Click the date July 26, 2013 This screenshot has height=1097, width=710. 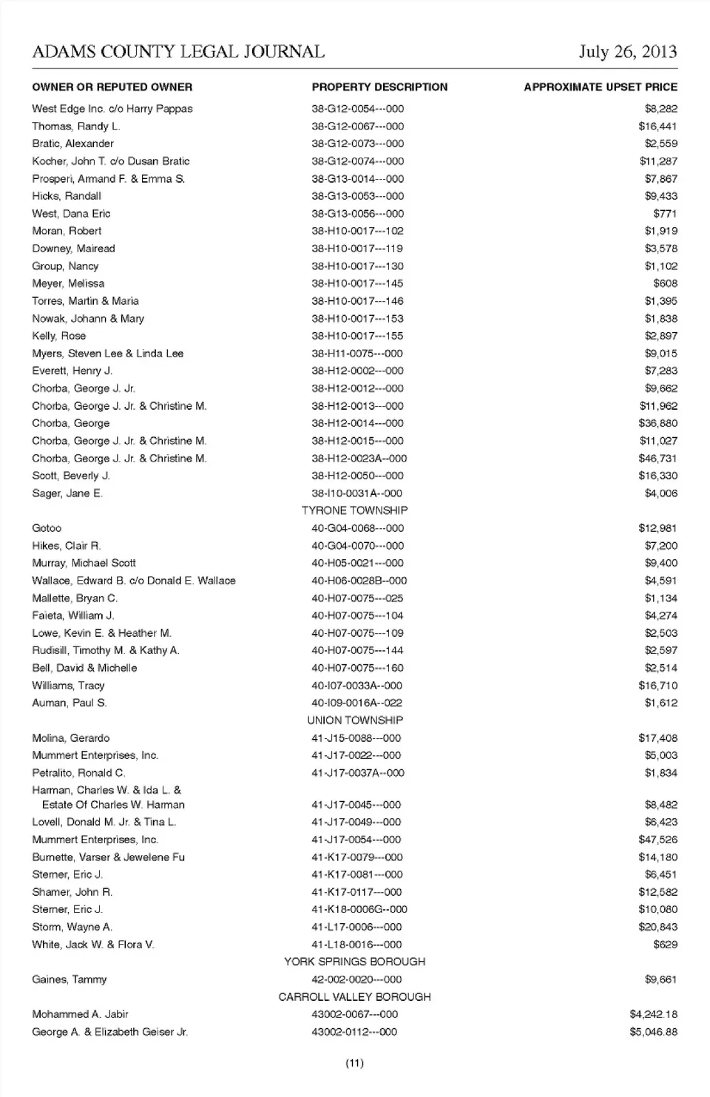[627, 51]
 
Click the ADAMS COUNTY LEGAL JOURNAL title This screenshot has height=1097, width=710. [178, 51]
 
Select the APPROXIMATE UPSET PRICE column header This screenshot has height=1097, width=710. [600, 87]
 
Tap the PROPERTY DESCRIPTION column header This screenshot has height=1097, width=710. [379, 87]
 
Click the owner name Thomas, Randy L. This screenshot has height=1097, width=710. [75, 126]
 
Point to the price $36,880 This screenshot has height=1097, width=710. [657, 423]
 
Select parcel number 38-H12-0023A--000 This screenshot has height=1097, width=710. [359, 459]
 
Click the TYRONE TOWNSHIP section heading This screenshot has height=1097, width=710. [354, 510]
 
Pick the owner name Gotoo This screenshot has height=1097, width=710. [47, 528]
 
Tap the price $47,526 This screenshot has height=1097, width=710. [657, 840]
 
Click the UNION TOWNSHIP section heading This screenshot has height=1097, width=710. [355, 720]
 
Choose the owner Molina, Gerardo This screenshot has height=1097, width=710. [70, 738]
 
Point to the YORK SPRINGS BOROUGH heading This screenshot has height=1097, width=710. [354, 962]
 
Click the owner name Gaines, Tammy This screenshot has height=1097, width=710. [70, 979]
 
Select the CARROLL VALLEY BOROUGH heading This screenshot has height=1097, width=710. [354, 997]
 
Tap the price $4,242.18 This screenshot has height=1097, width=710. [653, 1014]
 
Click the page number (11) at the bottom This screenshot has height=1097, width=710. [355, 1064]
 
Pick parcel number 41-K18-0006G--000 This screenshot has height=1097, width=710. [359, 909]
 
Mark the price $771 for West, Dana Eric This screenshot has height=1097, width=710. [665, 214]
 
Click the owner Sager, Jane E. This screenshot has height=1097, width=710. [67, 493]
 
